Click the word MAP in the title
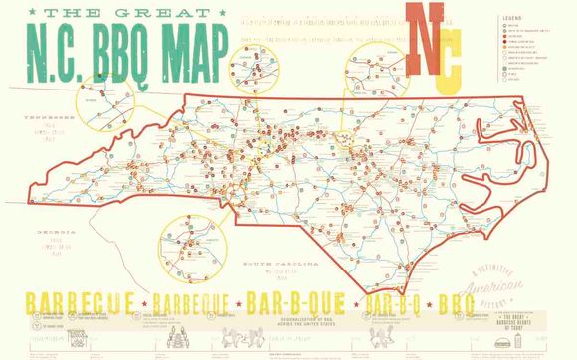click(189, 43)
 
